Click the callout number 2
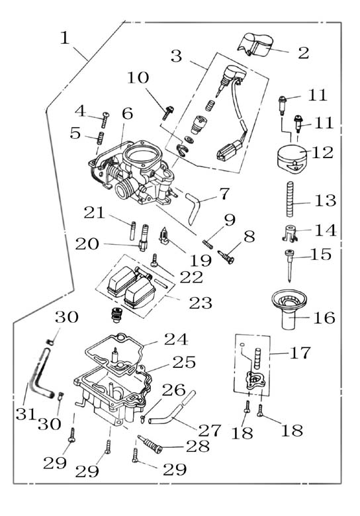pyautogui.click(x=303, y=53)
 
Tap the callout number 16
pyautogui.click(x=324, y=318)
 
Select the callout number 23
pyautogui.click(x=201, y=303)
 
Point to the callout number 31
pyautogui.click(x=25, y=414)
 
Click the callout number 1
pyautogui.click(x=65, y=38)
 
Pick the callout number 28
pyautogui.click(x=198, y=447)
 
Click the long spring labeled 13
pyautogui.click(x=290, y=199)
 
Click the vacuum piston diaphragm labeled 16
pyautogui.click(x=289, y=310)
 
